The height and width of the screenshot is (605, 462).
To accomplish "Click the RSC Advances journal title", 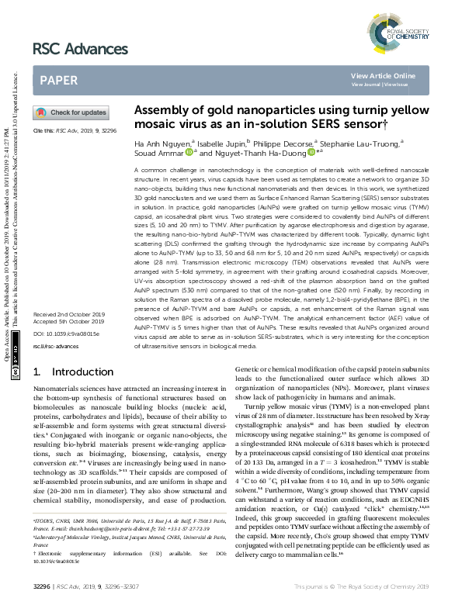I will tap(80, 49).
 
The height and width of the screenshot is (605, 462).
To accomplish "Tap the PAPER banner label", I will tap(58, 79).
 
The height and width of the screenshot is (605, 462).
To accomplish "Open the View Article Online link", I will tap(383, 75).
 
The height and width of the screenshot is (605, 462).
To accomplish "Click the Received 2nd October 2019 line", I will tap(70, 314).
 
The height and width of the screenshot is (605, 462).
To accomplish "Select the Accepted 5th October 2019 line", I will tap(69, 321).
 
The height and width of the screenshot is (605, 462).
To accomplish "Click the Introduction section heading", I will tap(70, 372).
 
